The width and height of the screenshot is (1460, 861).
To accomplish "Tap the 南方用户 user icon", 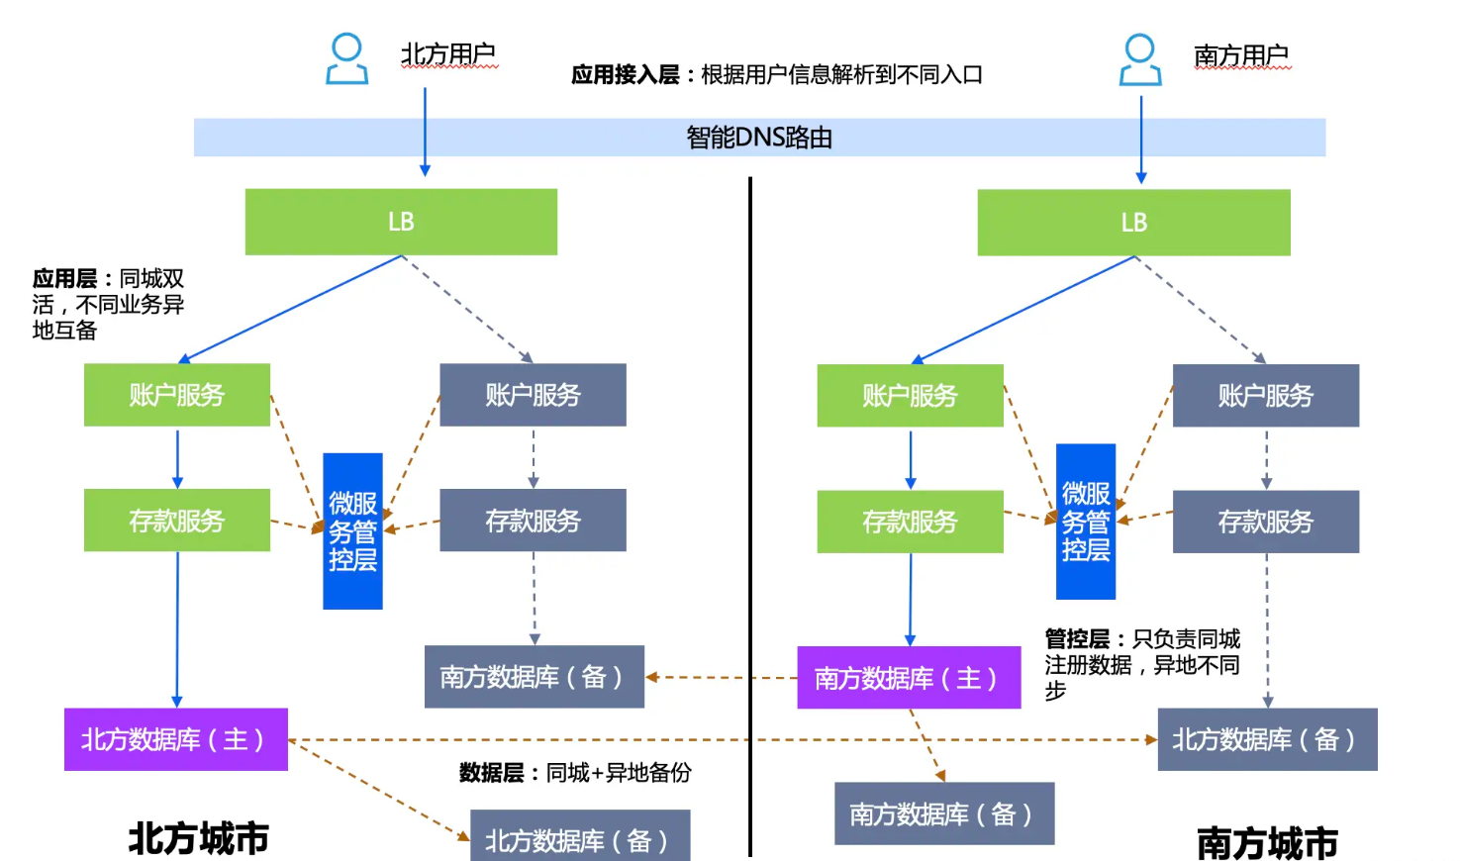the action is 1140,60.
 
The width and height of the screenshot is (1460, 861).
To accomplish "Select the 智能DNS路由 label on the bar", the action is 759,138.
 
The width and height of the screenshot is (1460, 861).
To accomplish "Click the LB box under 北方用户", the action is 401,222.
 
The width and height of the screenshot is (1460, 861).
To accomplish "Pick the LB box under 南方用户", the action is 1133,223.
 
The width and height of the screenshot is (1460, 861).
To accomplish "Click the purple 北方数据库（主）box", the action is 176,739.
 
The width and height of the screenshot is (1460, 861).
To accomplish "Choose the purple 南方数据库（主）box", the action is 909,678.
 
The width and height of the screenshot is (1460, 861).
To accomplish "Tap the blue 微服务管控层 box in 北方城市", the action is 352,531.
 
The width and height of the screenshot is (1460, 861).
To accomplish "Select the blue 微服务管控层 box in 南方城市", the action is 1085,522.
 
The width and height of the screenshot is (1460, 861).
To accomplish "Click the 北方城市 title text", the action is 199,838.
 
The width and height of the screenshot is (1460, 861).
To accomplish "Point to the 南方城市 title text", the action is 1267,843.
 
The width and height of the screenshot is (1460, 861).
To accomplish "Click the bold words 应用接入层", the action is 625,75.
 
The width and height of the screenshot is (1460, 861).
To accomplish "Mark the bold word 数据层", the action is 491,773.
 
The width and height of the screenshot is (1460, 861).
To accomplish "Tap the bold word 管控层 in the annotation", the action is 1077,638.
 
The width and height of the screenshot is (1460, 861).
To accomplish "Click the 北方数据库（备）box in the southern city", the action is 1267,739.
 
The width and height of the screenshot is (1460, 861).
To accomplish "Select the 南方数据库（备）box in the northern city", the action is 534,677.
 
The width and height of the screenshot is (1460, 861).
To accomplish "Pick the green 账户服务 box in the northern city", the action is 176,395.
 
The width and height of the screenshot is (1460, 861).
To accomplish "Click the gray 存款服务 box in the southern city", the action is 1266,522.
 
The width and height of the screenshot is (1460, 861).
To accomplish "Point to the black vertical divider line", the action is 750,517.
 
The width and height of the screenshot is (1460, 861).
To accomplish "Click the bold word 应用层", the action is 64,279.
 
